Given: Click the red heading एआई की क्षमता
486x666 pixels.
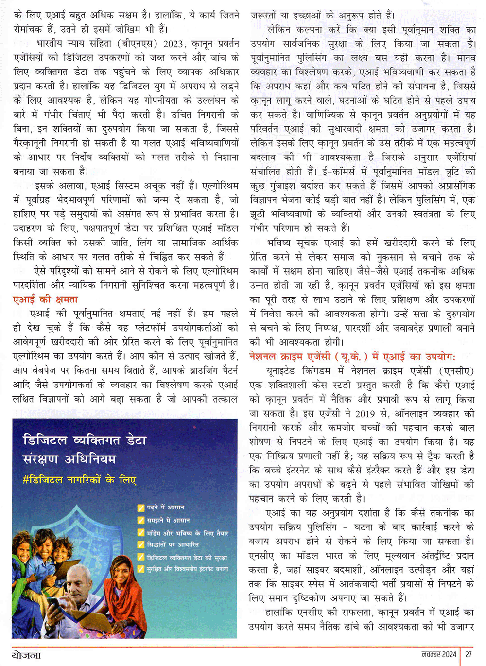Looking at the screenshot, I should (45, 299).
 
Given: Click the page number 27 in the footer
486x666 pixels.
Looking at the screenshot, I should (469, 654).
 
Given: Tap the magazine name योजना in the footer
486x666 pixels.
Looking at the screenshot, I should (26, 655).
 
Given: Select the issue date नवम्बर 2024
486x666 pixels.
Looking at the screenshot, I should (439, 654).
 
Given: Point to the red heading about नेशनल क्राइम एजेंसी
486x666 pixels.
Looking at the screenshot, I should (352, 356).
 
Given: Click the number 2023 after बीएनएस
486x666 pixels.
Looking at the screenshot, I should (173, 44).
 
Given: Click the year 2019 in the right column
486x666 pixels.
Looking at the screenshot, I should (365, 414).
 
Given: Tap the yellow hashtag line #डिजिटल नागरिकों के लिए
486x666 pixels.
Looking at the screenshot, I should (79, 480).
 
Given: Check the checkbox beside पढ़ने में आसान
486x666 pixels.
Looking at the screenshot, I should (141, 508).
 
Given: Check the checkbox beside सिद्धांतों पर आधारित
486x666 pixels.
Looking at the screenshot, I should (141, 545).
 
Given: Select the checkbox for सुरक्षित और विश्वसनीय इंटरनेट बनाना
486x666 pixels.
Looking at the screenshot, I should (141, 569).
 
